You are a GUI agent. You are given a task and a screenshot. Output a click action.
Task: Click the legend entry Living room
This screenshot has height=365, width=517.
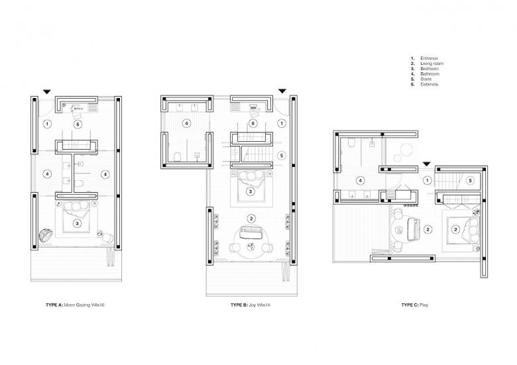pos(431,64)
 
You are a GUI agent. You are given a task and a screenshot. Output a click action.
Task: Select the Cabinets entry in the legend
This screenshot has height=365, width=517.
pos(430,84)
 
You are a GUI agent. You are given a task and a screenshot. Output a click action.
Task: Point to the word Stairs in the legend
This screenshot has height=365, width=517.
pos(426,79)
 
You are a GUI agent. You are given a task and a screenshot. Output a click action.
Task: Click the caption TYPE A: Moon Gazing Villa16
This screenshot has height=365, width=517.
pos(75,305)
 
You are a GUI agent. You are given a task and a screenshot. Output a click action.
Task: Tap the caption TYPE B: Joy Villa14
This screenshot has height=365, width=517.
pos(251,305)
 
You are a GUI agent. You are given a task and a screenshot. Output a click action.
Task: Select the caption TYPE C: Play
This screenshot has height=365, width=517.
pos(415,305)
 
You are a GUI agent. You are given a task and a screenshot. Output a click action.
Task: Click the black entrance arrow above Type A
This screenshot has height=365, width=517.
pos(47,92)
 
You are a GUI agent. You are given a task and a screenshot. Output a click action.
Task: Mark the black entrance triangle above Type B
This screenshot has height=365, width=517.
pos(282,91)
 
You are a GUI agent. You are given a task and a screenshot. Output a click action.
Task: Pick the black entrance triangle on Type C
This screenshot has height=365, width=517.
pos(427,164)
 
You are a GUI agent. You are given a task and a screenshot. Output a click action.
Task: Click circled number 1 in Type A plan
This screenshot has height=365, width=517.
pos(48,124)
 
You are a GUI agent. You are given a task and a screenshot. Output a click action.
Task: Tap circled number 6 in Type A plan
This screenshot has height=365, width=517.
pos(78,124)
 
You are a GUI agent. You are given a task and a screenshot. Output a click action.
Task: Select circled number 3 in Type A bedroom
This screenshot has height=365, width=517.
pos(77,223)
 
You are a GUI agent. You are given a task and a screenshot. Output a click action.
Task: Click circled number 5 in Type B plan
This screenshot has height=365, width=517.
pos(281,156)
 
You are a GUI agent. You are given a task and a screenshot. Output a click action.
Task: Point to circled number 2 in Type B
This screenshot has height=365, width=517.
pos(251,219)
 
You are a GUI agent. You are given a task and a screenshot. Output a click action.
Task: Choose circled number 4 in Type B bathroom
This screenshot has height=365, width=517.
pos(187,123)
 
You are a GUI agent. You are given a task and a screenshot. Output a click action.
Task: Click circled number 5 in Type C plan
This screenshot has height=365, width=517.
pos(470,181)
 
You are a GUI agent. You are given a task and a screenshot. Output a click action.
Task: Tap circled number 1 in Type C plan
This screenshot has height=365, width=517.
pos(428,181)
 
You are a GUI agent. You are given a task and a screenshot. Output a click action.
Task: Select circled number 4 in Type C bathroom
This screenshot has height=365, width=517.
pos(361,181)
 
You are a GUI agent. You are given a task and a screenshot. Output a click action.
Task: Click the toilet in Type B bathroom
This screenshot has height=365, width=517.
pos(178,157)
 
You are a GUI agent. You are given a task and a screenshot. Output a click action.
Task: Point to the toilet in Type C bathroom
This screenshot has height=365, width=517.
pos(351,142)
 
